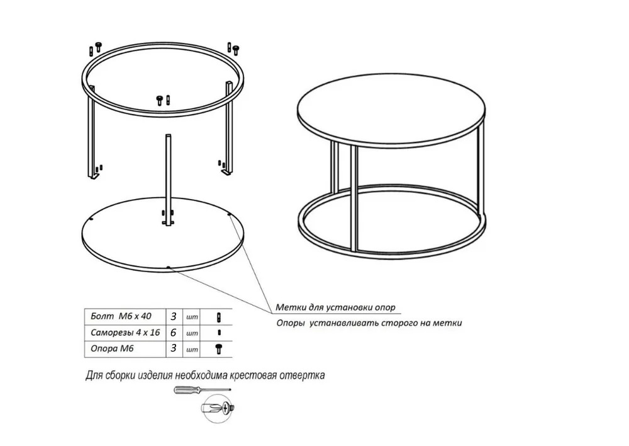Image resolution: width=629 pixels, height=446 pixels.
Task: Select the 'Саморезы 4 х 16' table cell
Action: click(x=125, y=333)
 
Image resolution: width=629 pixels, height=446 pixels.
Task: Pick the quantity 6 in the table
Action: click(x=174, y=333)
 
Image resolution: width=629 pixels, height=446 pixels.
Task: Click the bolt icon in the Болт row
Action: click(x=219, y=317)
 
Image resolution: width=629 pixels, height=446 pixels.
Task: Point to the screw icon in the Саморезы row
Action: click(x=219, y=333)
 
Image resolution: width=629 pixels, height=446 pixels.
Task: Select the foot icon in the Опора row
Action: click(x=219, y=349)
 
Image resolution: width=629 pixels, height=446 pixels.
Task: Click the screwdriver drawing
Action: click(x=202, y=390)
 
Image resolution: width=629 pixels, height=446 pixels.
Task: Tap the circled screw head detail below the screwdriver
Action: click(x=217, y=409)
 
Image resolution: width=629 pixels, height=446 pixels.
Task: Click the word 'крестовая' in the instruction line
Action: click(x=253, y=375)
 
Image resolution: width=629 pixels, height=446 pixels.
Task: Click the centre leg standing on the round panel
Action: click(x=169, y=180)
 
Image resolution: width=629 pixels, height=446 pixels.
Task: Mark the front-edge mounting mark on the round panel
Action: click(x=169, y=267)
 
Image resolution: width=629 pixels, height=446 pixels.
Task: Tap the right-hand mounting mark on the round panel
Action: click(x=230, y=215)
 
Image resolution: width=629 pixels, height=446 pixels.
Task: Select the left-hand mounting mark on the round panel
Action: click(x=92, y=220)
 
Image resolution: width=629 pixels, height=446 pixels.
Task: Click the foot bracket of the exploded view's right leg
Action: click(x=227, y=173)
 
